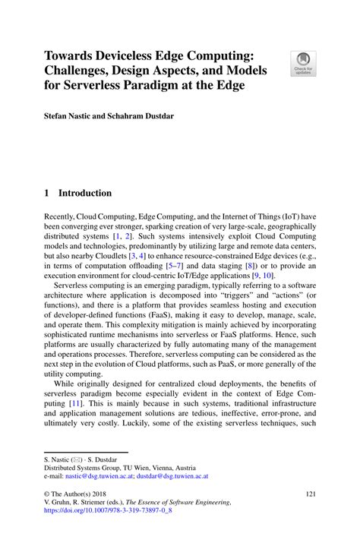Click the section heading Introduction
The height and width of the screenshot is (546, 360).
(85, 194)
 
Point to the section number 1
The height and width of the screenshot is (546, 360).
(48, 194)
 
